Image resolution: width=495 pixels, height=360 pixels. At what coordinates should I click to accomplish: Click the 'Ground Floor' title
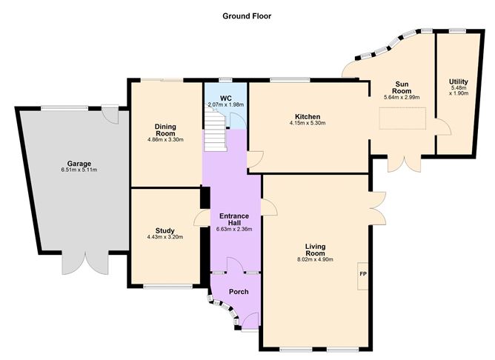[247, 16]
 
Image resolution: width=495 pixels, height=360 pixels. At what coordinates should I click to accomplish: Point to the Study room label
[165, 230]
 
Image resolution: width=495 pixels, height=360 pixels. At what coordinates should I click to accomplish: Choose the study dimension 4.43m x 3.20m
[165, 238]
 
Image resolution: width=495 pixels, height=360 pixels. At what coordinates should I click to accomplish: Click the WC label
[226, 97]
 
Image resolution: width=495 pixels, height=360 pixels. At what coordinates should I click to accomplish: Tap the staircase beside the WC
[216, 129]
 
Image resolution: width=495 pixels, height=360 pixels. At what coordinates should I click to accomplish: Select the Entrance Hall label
[235, 219]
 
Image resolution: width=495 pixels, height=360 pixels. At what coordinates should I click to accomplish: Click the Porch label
[239, 291]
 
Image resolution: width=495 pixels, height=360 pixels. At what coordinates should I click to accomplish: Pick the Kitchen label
[307, 117]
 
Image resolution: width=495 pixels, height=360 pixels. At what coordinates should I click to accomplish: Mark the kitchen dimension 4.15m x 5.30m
[307, 124]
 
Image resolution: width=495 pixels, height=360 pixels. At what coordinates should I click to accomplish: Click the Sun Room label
[402, 87]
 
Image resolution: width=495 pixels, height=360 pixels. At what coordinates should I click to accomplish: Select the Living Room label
[315, 249]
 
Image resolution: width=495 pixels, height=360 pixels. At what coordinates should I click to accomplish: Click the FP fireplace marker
[363, 276]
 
